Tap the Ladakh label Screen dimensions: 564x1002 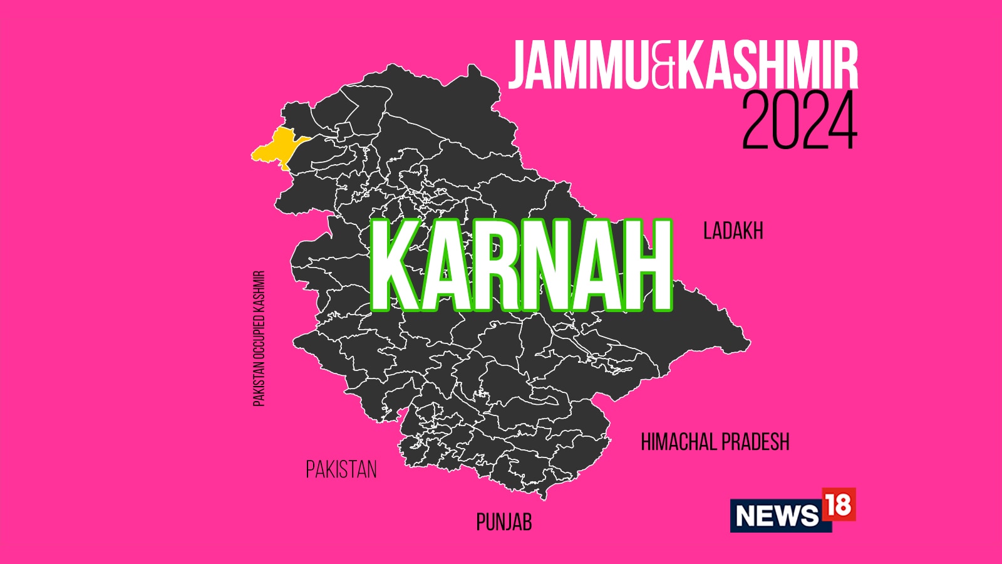pos(733,231)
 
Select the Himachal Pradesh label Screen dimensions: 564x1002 pos(715,442)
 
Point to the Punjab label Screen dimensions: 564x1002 pos(504,522)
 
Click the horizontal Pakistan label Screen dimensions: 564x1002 pos(341,469)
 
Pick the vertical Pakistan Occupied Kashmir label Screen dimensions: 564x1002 pos(259,338)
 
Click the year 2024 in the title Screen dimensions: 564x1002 pos(799,122)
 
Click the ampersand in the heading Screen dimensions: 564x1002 pos(663,68)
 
